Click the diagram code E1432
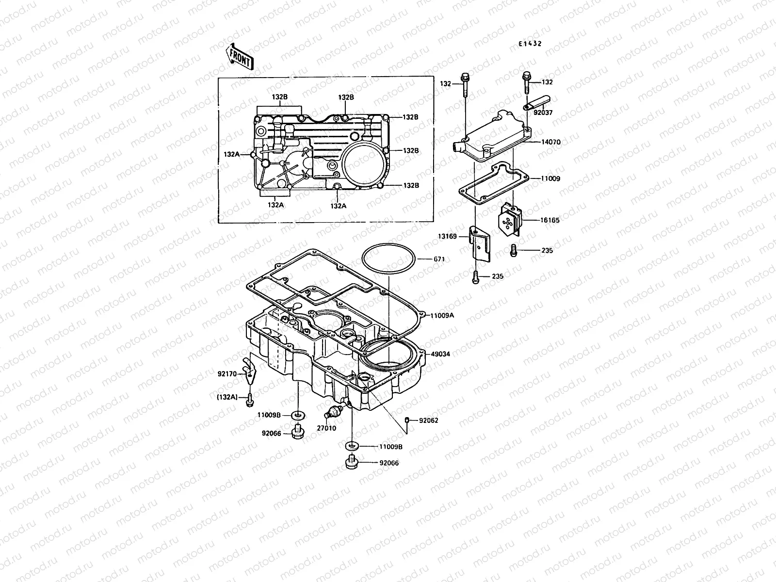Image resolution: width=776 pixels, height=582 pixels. [x=529, y=44]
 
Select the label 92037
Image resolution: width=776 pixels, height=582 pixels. [x=543, y=113]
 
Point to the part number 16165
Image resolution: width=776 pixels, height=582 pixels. [x=550, y=220]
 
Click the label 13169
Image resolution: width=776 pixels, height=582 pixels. [x=448, y=236]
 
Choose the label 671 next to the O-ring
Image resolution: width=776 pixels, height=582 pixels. [x=439, y=259]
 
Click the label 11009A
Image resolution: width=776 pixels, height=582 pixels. [x=442, y=315]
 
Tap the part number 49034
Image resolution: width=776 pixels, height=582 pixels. [x=440, y=355]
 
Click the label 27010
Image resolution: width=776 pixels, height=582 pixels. [x=326, y=429]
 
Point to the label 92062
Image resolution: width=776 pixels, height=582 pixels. [x=428, y=420]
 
